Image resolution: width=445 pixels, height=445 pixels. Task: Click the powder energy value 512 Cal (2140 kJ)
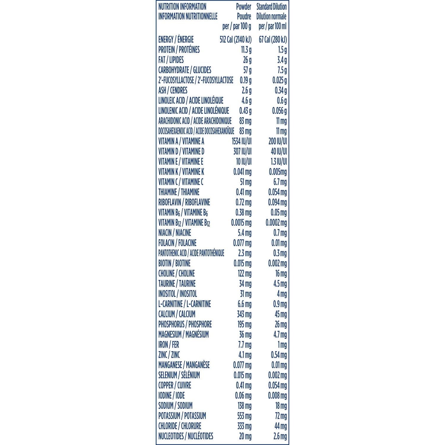click(x=236, y=39)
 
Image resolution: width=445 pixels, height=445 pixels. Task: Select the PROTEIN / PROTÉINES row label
click(x=179, y=50)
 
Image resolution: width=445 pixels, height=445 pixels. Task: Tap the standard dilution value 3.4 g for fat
click(x=282, y=60)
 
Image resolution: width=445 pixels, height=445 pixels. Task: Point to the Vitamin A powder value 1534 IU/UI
click(x=241, y=141)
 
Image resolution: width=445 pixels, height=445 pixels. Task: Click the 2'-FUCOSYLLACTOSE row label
click(x=196, y=80)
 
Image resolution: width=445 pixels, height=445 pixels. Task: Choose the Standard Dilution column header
click(x=271, y=7)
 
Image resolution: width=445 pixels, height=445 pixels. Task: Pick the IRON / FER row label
click(x=169, y=345)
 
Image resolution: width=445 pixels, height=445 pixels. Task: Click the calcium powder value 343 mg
click(x=244, y=314)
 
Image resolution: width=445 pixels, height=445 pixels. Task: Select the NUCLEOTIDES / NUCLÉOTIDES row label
click(x=186, y=436)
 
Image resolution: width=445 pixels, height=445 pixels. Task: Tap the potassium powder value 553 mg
click(x=244, y=416)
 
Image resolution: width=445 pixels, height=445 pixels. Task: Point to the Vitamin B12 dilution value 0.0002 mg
click(x=276, y=223)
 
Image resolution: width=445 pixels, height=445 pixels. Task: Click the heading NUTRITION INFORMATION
click(x=182, y=7)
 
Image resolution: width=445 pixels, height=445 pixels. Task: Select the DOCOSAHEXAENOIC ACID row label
click(x=196, y=131)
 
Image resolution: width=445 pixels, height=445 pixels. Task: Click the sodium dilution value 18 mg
click(x=281, y=406)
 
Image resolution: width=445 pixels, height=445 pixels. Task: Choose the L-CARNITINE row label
click(x=185, y=304)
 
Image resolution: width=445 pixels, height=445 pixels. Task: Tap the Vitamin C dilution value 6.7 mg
click(x=280, y=182)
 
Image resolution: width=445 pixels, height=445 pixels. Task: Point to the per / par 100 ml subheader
click(x=272, y=26)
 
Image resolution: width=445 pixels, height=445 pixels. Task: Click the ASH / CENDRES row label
click(x=173, y=90)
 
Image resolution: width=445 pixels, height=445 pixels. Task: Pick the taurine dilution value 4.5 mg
click(x=280, y=284)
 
